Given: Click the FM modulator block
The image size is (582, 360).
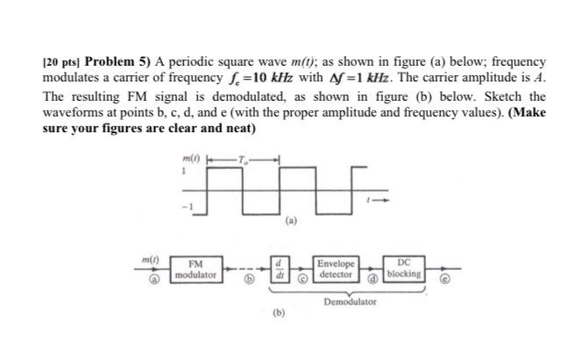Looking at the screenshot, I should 196,268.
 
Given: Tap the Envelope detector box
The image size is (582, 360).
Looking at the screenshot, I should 337,268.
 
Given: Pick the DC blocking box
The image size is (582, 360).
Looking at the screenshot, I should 403,268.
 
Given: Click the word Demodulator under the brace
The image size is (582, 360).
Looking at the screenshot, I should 350,301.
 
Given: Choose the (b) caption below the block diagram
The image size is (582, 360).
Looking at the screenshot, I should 278,312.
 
